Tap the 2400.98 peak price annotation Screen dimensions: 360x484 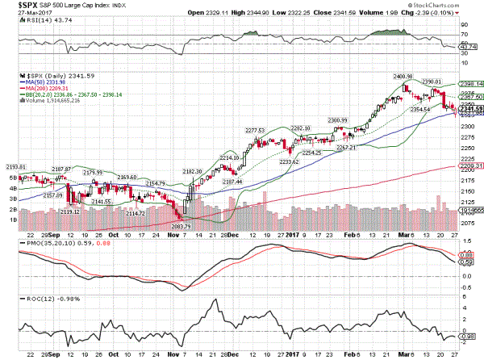403,77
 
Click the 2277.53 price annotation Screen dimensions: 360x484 255,130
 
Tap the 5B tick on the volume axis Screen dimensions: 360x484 13,177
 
